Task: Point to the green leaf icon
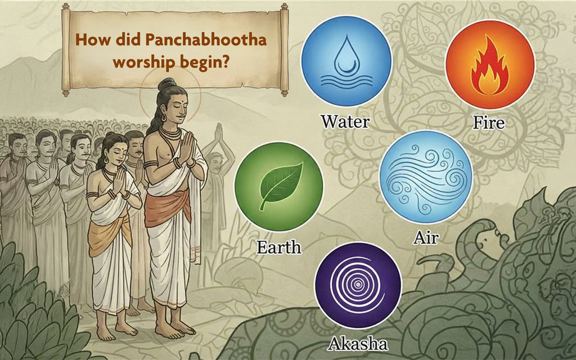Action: (x=280, y=184)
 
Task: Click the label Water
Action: (x=345, y=120)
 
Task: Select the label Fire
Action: (x=488, y=121)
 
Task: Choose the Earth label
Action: (x=279, y=246)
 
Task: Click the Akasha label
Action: (x=358, y=343)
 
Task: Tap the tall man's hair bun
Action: (x=166, y=84)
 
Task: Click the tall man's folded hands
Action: (x=186, y=148)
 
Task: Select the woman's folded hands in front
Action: (x=120, y=180)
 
